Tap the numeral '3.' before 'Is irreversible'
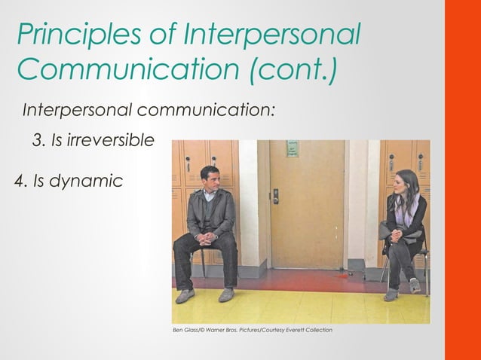pos(39,140)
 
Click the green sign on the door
pos(292,148)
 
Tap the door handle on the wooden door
pos(275,196)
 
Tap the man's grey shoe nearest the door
pos(226,294)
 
